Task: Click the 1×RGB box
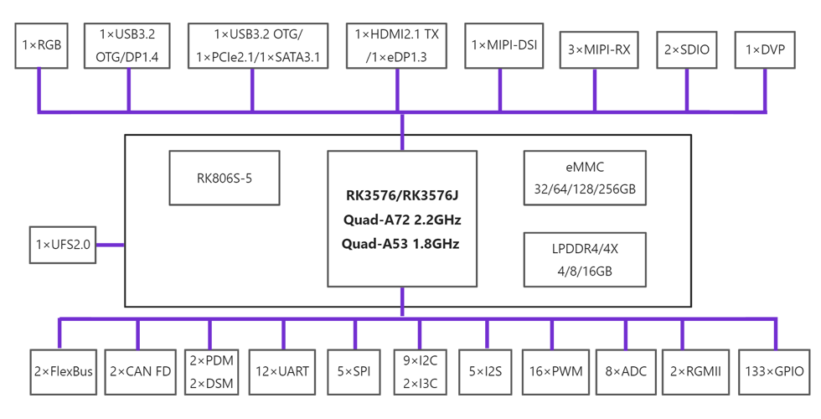pos(41,45)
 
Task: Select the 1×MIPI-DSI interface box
pos(503,45)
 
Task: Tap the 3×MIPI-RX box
pos(599,49)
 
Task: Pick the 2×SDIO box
pos(686,49)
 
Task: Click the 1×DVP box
pos(765,49)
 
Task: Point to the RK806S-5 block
pos(225,178)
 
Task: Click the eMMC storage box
pos(585,178)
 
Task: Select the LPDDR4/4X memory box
pos(585,260)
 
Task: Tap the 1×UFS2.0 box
pos(63,245)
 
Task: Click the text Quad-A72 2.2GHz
pos(402,220)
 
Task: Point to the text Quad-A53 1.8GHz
pos(400,244)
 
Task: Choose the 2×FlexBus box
pos(64,371)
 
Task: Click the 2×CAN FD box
pos(141,371)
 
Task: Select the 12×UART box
pos(282,371)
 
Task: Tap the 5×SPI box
pos(354,371)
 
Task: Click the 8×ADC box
pos(626,371)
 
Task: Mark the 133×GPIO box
pos(774,371)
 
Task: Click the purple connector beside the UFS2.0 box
pos(110,245)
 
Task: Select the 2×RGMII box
pos(695,371)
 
